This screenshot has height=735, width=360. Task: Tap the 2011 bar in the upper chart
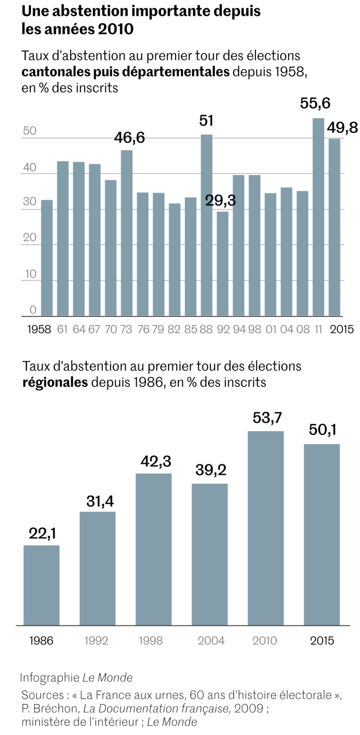pos(318,217)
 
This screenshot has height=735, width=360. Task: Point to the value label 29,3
pos(221,201)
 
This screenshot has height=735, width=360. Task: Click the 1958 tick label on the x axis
pos(38,329)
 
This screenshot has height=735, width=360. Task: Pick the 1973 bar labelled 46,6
pos(126,233)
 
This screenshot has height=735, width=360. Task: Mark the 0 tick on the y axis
pos(33,310)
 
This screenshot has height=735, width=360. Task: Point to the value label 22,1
pos(41,533)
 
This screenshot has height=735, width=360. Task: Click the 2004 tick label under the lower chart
pos(210,641)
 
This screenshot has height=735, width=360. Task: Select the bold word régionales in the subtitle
pos(55,382)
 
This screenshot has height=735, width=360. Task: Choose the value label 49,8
pos(342,127)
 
